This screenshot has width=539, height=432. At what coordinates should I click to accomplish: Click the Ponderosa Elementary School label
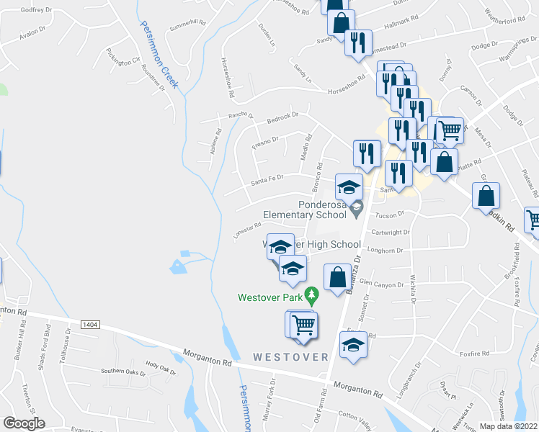[x=304, y=210]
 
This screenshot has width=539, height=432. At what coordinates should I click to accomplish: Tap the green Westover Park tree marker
[x=311, y=294]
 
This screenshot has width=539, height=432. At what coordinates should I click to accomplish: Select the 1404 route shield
[x=90, y=325]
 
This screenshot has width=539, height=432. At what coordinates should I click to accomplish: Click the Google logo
[x=24, y=423]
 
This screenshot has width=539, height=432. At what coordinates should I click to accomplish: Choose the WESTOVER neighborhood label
[x=290, y=357]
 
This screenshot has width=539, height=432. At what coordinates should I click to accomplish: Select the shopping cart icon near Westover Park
[x=303, y=325]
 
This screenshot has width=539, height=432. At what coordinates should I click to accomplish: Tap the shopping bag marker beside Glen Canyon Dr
[x=337, y=277]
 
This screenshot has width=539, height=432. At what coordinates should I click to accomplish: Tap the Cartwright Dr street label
[x=390, y=233]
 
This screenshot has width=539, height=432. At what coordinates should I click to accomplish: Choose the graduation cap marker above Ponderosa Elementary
[x=349, y=188]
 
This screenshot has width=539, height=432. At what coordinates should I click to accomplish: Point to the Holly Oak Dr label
[x=161, y=367]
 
